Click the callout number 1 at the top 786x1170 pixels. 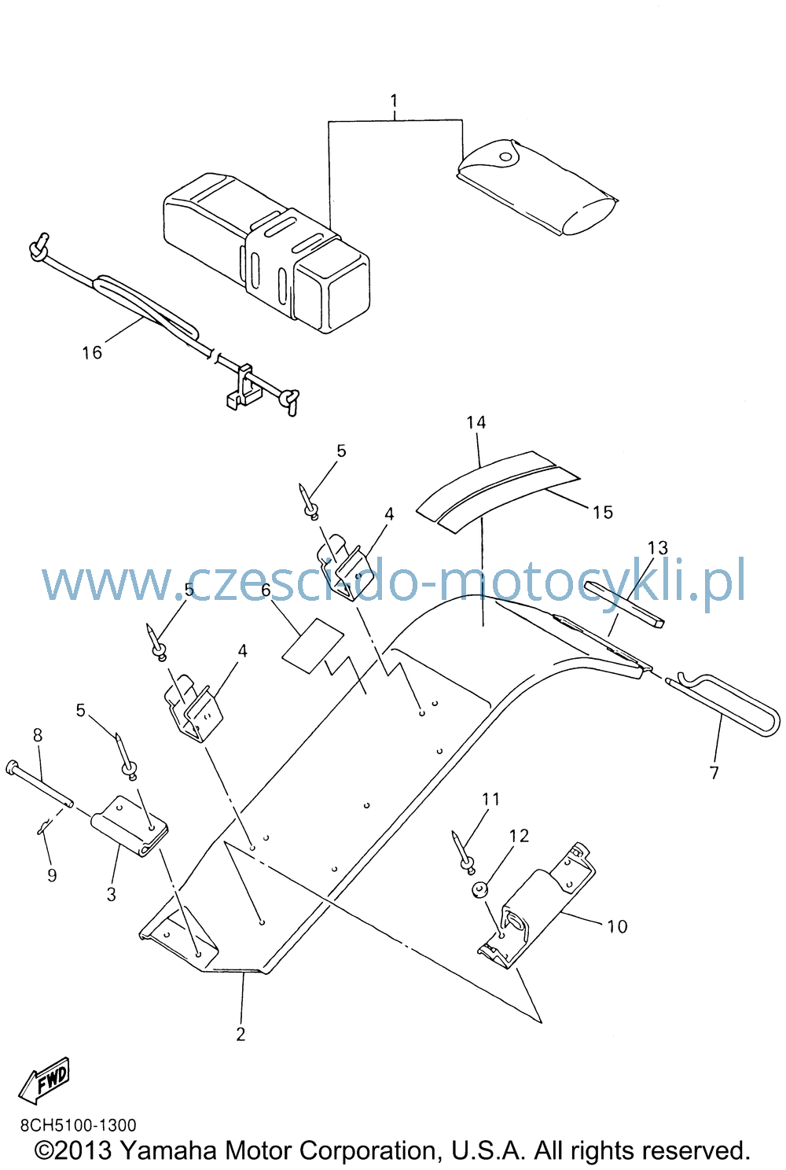click(x=394, y=101)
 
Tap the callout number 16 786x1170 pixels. click(x=92, y=352)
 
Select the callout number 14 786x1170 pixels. click(x=476, y=422)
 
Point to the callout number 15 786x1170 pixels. click(x=603, y=512)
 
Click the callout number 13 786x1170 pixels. click(x=658, y=548)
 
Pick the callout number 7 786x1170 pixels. click(x=714, y=772)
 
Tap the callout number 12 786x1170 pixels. click(x=519, y=836)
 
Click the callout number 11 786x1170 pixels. click(x=490, y=799)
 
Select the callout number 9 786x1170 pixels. click(x=52, y=875)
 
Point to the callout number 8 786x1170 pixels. click(x=37, y=735)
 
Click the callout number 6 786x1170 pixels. click(x=266, y=591)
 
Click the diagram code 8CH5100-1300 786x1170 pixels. click(x=79, y=1124)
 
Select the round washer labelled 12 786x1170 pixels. click(x=479, y=889)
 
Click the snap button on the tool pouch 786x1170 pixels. click(x=505, y=156)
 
